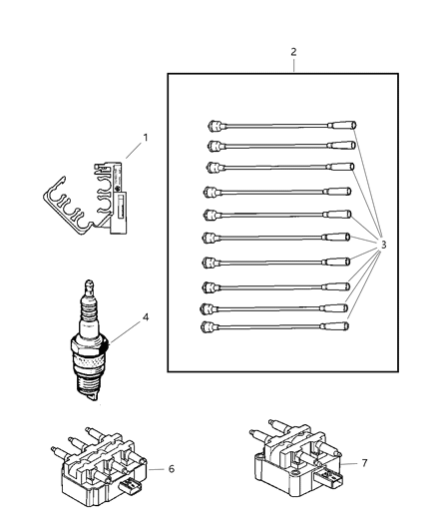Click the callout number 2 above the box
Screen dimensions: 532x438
293,50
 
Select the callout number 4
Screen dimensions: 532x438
146,317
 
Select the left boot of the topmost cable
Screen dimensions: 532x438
212,126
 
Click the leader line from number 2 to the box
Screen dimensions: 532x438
293,65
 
